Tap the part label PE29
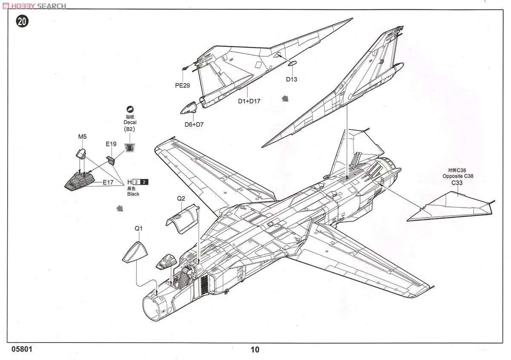point(182,85)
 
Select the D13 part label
point(291,79)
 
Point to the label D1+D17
point(249,101)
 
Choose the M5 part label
point(82,137)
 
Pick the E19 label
point(111,144)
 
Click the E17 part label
point(109,182)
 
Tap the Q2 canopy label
point(181,198)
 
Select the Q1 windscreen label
point(139,229)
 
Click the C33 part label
point(457,183)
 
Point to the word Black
point(133,194)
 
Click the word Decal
point(130,122)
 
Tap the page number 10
point(255,350)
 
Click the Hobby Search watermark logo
point(34,6)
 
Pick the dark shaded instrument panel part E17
point(81,181)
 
